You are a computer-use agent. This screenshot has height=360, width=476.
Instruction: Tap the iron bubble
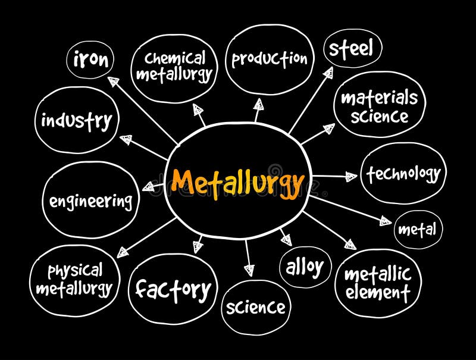click(x=91, y=60)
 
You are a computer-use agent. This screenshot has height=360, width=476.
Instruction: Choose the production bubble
click(x=270, y=59)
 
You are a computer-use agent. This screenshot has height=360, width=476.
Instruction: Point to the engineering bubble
click(x=90, y=201)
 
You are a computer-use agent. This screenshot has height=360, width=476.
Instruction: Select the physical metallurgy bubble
click(x=74, y=280)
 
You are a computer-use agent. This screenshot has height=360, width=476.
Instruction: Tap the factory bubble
click(x=173, y=290)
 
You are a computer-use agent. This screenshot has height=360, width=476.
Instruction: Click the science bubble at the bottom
click(x=256, y=308)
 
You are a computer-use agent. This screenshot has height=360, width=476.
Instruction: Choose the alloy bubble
click(x=305, y=267)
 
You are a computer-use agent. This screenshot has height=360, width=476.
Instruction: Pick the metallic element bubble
click(x=378, y=283)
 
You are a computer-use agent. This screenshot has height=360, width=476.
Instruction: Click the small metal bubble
click(x=418, y=229)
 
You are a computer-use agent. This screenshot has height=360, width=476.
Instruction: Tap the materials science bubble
click(x=380, y=106)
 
